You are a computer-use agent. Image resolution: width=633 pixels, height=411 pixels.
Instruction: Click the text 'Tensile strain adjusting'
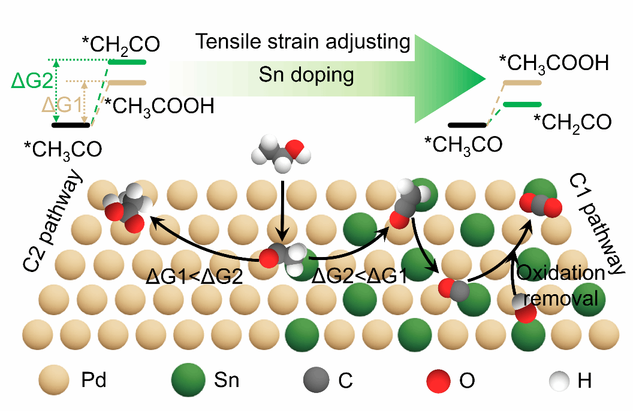coord(303,42)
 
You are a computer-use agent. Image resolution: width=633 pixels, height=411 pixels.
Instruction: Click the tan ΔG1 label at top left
coord(62,106)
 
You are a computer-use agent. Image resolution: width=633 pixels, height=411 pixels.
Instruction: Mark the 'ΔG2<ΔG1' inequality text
coord(360,276)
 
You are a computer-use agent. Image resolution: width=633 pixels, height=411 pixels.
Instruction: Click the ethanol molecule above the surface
coord(281,149)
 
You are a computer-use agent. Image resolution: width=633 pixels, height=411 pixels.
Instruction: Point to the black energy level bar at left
coord(71,125)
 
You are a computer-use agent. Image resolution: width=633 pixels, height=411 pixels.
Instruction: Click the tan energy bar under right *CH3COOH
coord(522,82)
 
